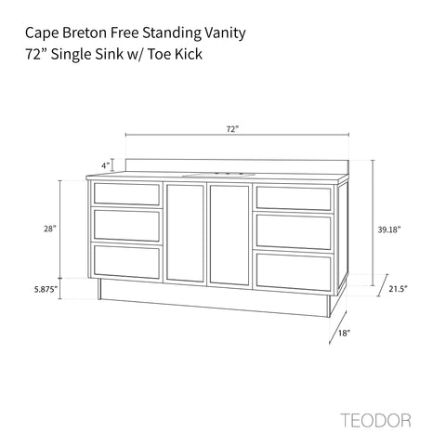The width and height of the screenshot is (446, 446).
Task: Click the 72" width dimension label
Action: tap(232, 129)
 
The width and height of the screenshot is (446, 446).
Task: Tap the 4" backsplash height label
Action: tap(106, 165)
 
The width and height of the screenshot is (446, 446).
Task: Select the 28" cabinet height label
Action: tap(50, 229)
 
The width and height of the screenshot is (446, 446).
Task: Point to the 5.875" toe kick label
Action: tap(46, 290)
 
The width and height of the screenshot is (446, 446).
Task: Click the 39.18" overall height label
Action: tap(389, 230)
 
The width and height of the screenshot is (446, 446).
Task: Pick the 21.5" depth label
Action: tap(398, 289)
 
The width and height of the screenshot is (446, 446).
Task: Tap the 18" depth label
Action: tap(344, 333)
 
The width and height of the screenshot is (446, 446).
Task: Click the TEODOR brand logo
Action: tap(375, 420)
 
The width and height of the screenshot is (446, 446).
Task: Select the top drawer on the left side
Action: tap(126, 194)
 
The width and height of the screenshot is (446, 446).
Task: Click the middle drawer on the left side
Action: tap(126, 226)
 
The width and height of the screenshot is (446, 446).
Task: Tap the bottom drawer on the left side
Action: tap(126, 262)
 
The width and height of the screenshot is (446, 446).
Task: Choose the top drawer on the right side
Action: tap(294, 198)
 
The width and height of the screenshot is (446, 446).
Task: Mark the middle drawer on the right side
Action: tap(294, 231)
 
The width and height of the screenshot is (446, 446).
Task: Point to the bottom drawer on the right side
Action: tap(294, 272)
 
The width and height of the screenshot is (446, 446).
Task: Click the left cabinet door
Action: tap(185, 233)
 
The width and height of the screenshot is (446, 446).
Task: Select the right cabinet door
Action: tap(230, 235)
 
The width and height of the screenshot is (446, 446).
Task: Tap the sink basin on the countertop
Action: tap(218, 175)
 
